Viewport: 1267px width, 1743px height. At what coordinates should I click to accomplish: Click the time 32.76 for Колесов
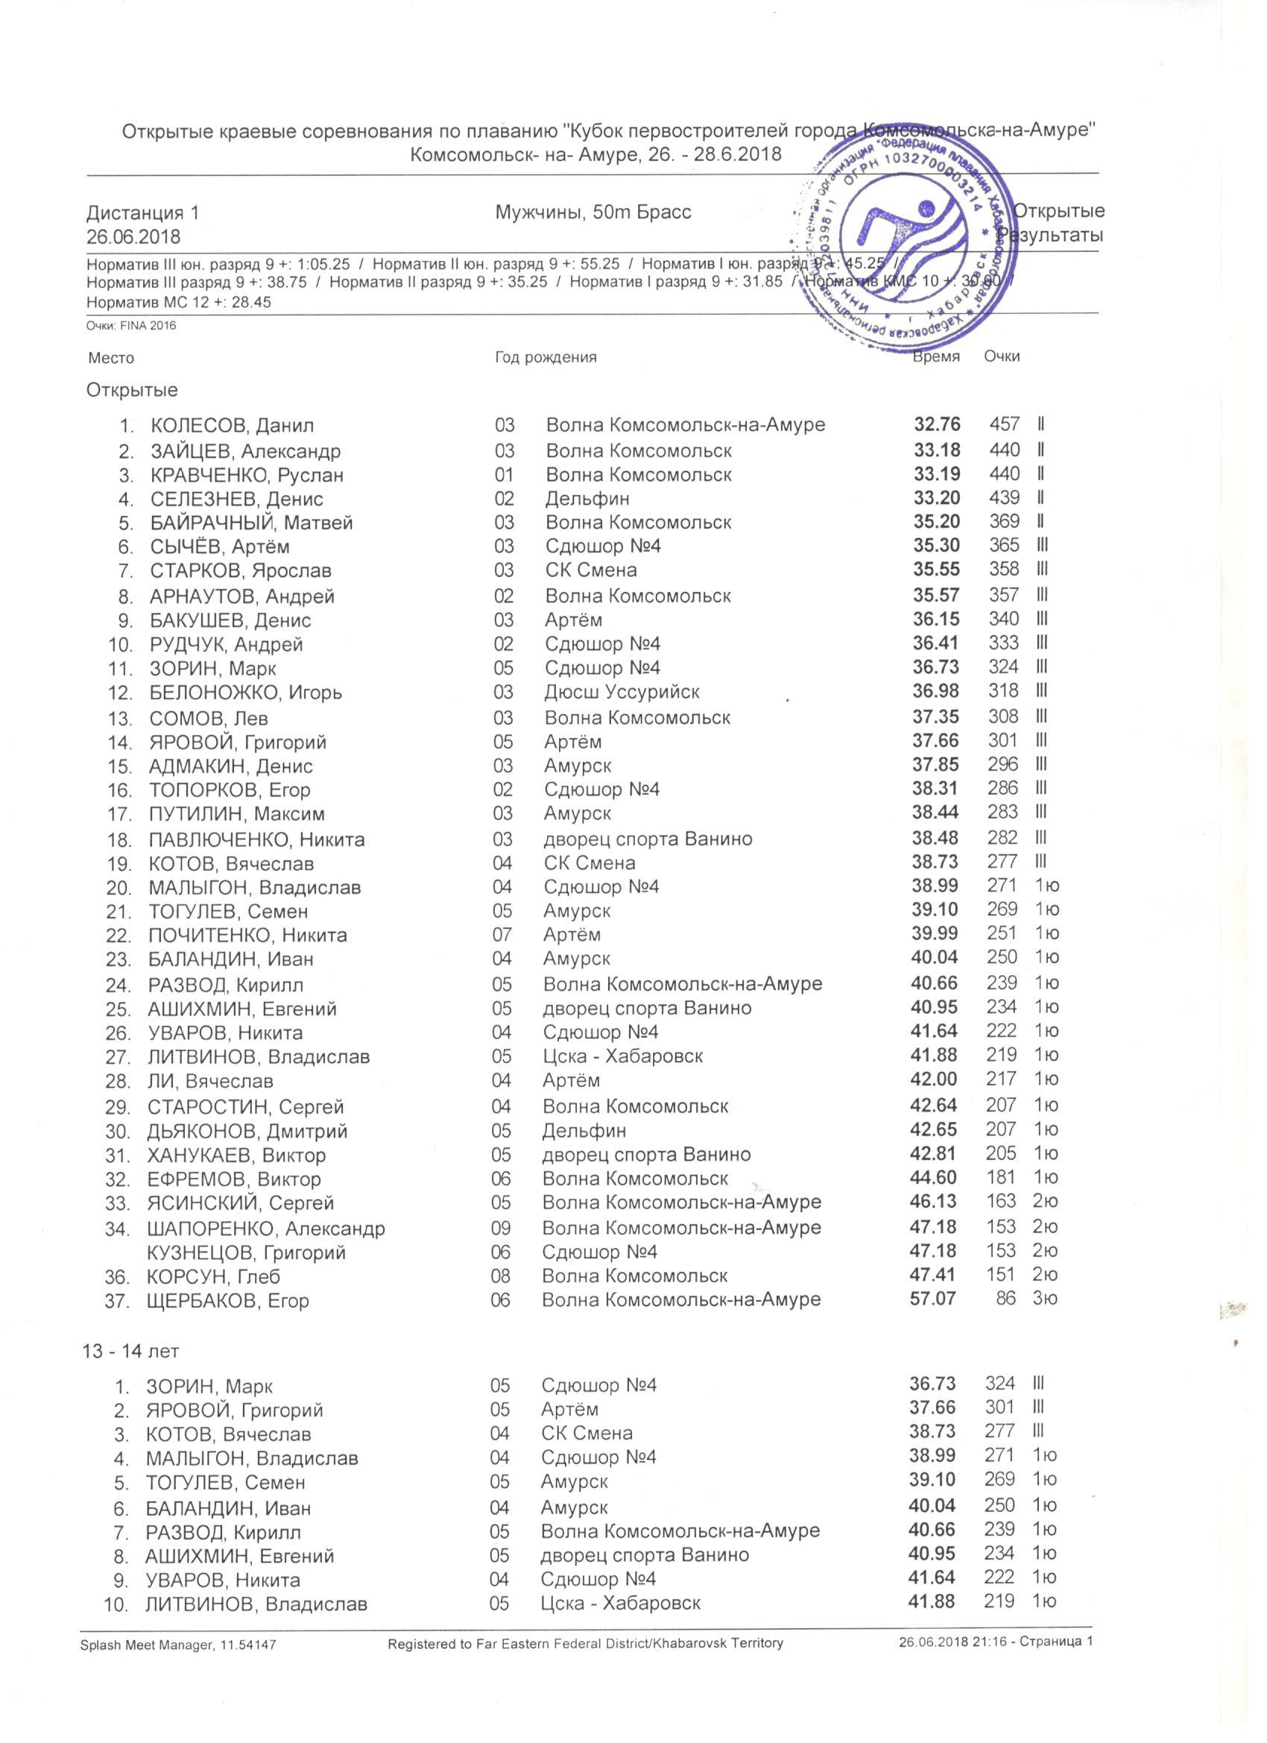tap(937, 424)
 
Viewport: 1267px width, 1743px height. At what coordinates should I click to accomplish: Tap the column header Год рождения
tap(546, 357)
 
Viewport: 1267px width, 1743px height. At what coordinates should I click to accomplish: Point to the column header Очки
tap(1001, 356)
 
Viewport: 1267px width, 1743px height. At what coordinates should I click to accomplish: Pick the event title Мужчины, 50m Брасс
tap(593, 212)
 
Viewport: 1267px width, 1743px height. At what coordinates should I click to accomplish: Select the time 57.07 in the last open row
tap(933, 1299)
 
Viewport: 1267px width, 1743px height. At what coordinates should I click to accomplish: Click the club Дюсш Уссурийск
tap(622, 692)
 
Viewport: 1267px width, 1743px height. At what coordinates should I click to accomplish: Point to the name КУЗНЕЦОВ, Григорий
tap(246, 1252)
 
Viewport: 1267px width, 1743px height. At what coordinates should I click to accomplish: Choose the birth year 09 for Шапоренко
tap(501, 1228)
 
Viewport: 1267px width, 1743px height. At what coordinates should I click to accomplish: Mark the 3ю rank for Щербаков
tap(1045, 1299)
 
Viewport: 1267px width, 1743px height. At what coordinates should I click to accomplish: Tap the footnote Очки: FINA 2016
tap(131, 326)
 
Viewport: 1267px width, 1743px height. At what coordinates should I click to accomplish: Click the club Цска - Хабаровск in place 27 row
tap(622, 1056)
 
